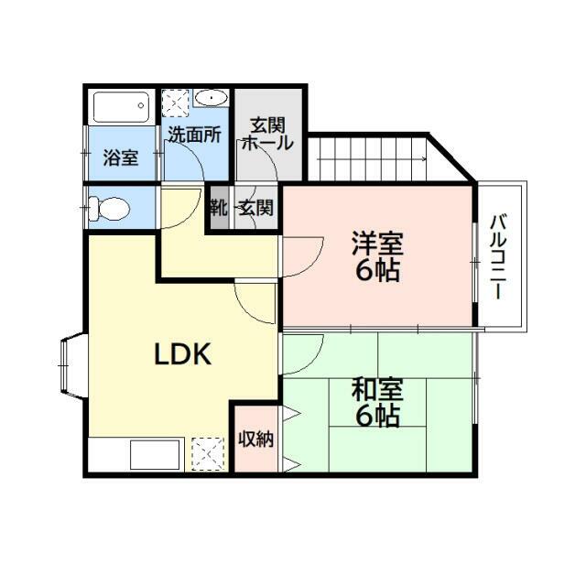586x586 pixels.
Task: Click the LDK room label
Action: coord(183,354)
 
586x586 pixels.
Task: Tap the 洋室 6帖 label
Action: coord(377,256)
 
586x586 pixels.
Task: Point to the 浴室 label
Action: coord(121,157)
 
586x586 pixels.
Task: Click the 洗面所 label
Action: coord(194,135)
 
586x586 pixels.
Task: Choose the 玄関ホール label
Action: coord(267,134)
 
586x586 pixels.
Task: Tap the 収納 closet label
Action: coord(256,439)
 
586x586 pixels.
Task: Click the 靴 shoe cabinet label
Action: coord(220,208)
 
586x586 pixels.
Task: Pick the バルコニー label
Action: coord(499,256)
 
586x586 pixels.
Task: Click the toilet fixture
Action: coord(109,208)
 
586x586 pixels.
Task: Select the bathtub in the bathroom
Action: coord(121,107)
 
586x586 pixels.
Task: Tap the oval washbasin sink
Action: coord(212,98)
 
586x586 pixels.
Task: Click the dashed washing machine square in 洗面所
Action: coord(176,103)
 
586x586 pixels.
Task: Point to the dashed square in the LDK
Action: coord(208,454)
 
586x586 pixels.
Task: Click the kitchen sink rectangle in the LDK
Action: coord(155,454)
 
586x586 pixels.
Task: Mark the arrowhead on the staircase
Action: coord(424,158)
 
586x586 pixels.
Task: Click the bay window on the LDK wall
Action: coord(73,364)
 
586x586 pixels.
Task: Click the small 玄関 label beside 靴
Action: coord(256,208)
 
